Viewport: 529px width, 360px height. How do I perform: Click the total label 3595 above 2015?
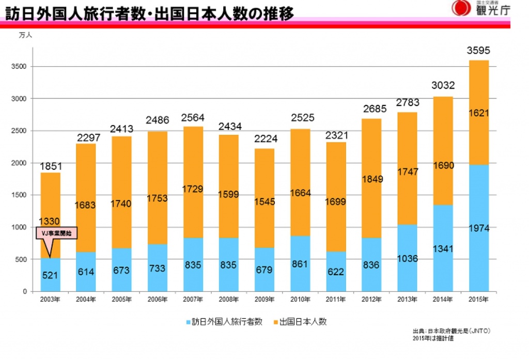tap(478, 51)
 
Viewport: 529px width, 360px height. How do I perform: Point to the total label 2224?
tap(264, 139)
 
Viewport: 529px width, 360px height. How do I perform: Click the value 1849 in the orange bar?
tap(371, 179)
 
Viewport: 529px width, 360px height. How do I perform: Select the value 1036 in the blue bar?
tap(407, 258)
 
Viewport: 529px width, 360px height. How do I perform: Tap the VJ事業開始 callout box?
tap(57, 233)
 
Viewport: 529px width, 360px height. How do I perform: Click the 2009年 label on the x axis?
tap(264, 300)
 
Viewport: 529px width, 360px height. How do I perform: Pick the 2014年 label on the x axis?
tap(443, 300)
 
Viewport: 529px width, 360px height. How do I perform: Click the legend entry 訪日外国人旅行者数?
tap(223, 322)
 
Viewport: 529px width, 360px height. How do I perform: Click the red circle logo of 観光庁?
tap(461, 8)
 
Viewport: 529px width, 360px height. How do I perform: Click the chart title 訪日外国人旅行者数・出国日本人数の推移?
tap(150, 13)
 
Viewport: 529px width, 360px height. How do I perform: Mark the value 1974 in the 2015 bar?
tap(478, 228)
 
